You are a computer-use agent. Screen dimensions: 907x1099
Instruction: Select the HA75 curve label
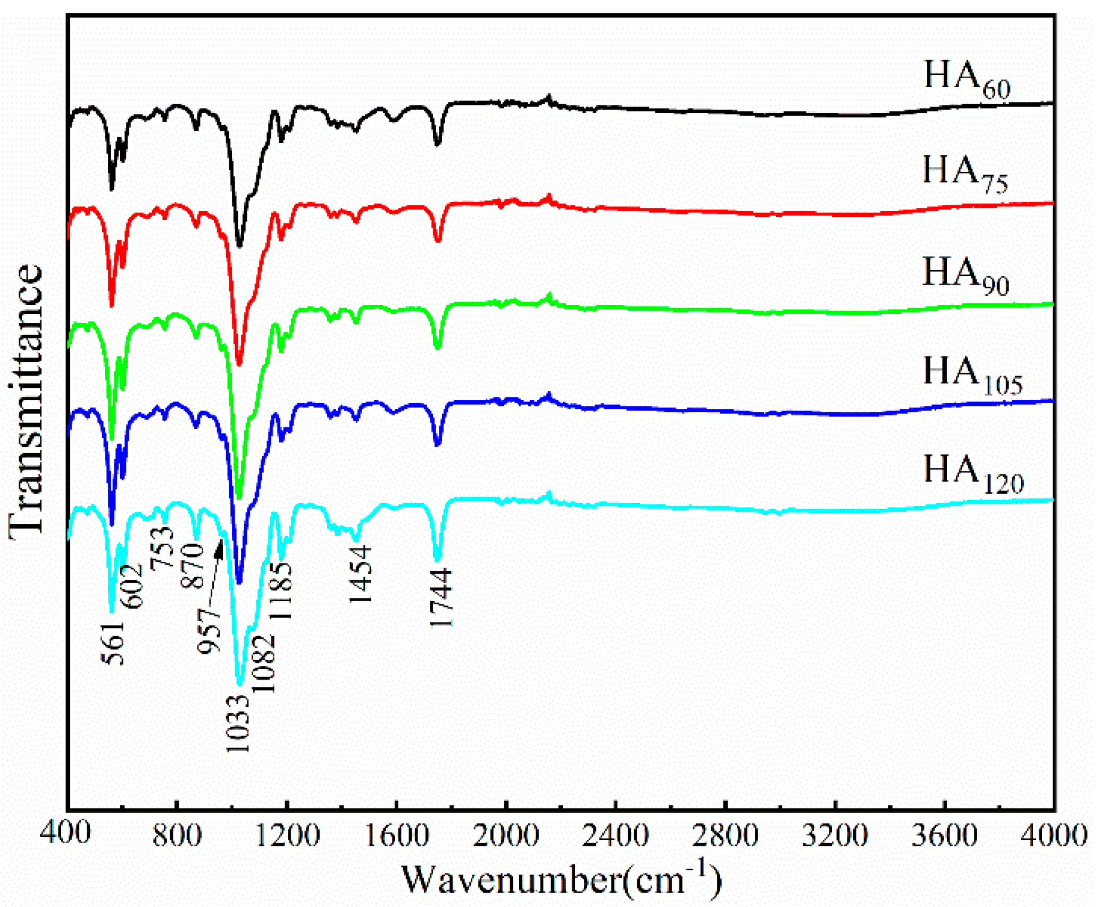tap(965, 174)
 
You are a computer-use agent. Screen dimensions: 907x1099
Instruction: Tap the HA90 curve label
tap(965, 275)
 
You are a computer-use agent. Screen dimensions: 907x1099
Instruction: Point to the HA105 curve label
tap(972, 375)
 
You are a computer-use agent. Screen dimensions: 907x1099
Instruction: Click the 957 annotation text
tap(209, 631)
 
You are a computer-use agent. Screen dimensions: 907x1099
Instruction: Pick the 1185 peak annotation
tap(280, 590)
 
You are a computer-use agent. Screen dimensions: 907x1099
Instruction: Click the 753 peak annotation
tap(162, 548)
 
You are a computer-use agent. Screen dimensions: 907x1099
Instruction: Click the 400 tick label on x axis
tap(65, 834)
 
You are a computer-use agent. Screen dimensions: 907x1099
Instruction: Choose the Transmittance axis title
tap(26, 402)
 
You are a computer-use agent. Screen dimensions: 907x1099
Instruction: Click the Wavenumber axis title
tap(561, 879)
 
